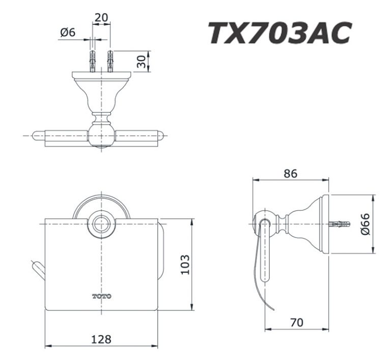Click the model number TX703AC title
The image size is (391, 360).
tap(279, 34)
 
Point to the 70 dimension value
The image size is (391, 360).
tap(296, 322)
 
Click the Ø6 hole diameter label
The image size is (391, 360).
tap(67, 32)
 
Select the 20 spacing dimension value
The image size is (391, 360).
tap(101, 17)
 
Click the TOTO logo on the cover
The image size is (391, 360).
tap(102, 296)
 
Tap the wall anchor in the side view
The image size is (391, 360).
tap(340, 224)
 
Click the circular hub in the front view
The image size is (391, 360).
tap(102, 224)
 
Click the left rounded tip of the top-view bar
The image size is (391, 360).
tap(37, 135)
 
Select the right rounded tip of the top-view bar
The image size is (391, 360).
tap(160, 135)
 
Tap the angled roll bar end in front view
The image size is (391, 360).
tap(39, 269)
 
